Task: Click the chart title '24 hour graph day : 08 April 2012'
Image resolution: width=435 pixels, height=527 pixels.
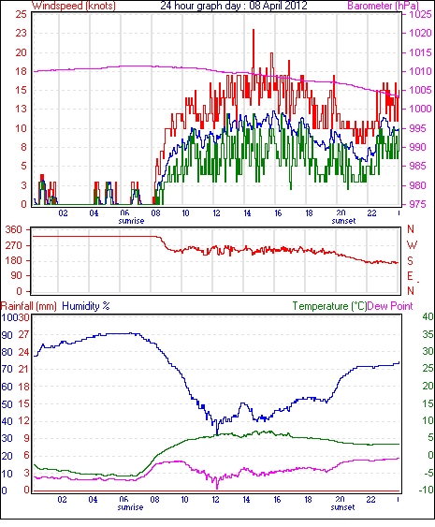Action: click(x=234, y=6)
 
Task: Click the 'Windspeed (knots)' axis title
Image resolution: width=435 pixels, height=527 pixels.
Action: click(x=74, y=6)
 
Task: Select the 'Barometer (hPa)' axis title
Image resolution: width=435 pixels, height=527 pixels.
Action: click(x=383, y=6)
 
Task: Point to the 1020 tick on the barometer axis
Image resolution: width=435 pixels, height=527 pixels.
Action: click(x=420, y=33)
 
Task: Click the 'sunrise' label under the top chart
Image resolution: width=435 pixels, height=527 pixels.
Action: click(x=131, y=221)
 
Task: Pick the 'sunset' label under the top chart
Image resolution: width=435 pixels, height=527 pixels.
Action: click(x=343, y=221)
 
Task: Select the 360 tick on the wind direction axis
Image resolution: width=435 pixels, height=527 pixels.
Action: click(x=14, y=230)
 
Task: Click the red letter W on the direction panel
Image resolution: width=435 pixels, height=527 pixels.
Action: click(x=412, y=244)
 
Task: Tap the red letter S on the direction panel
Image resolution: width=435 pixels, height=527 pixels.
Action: click(x=410, y=260)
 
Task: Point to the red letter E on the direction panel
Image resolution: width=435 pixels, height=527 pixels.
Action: click(x=410, y=276)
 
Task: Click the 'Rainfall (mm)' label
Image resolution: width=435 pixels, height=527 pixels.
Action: click(x=29, y=306)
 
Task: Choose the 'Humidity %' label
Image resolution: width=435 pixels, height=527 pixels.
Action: click(x=86, y=306)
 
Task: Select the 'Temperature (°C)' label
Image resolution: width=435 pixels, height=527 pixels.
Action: click(x=329, y=306)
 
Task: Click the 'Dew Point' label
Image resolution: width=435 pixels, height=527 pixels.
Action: click(x=390, y=306)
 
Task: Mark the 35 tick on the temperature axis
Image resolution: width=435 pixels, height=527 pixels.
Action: click(x=428, y=334)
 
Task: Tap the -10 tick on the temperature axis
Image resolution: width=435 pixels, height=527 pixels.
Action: click(x=427, y=490)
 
